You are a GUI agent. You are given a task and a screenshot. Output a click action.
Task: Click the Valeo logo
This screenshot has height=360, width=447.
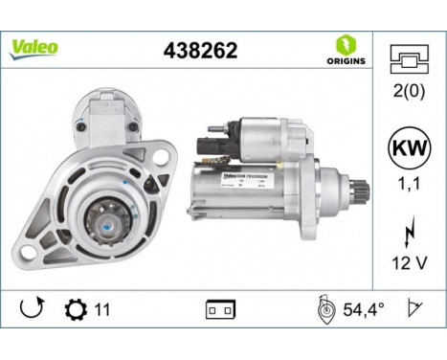[x=34, y=47]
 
